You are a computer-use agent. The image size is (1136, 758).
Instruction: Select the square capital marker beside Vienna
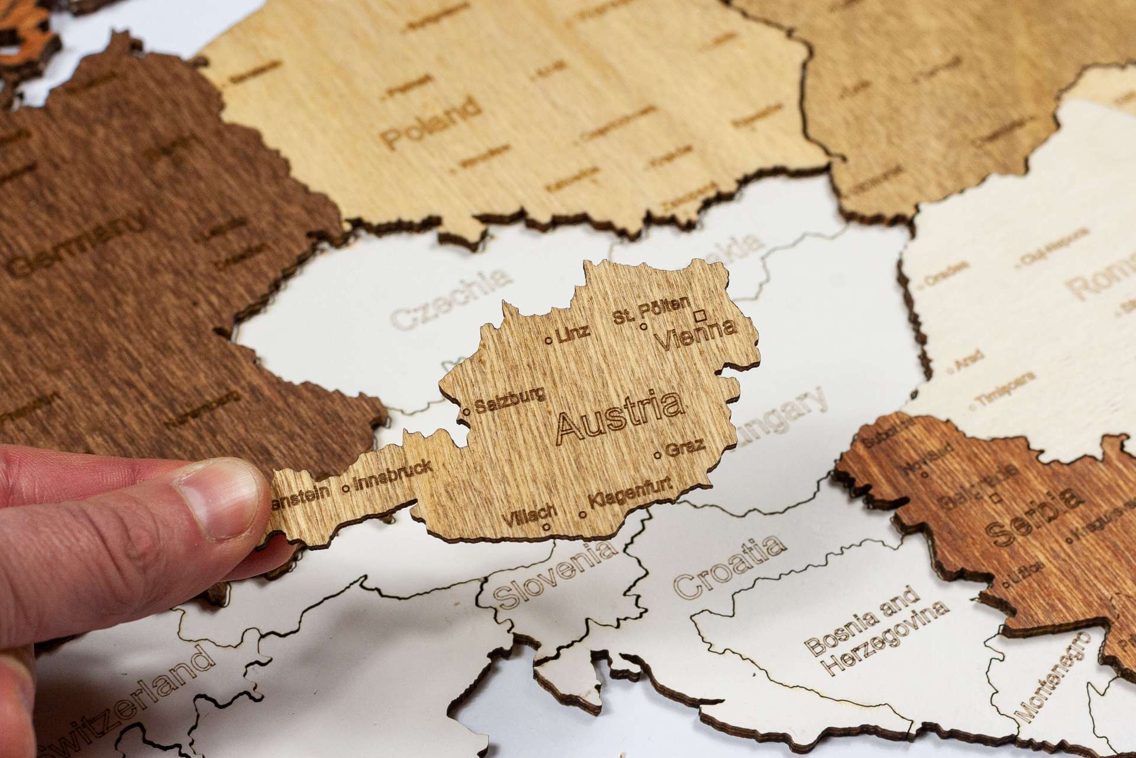(703, 314)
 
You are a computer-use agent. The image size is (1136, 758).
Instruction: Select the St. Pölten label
(651, 310)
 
